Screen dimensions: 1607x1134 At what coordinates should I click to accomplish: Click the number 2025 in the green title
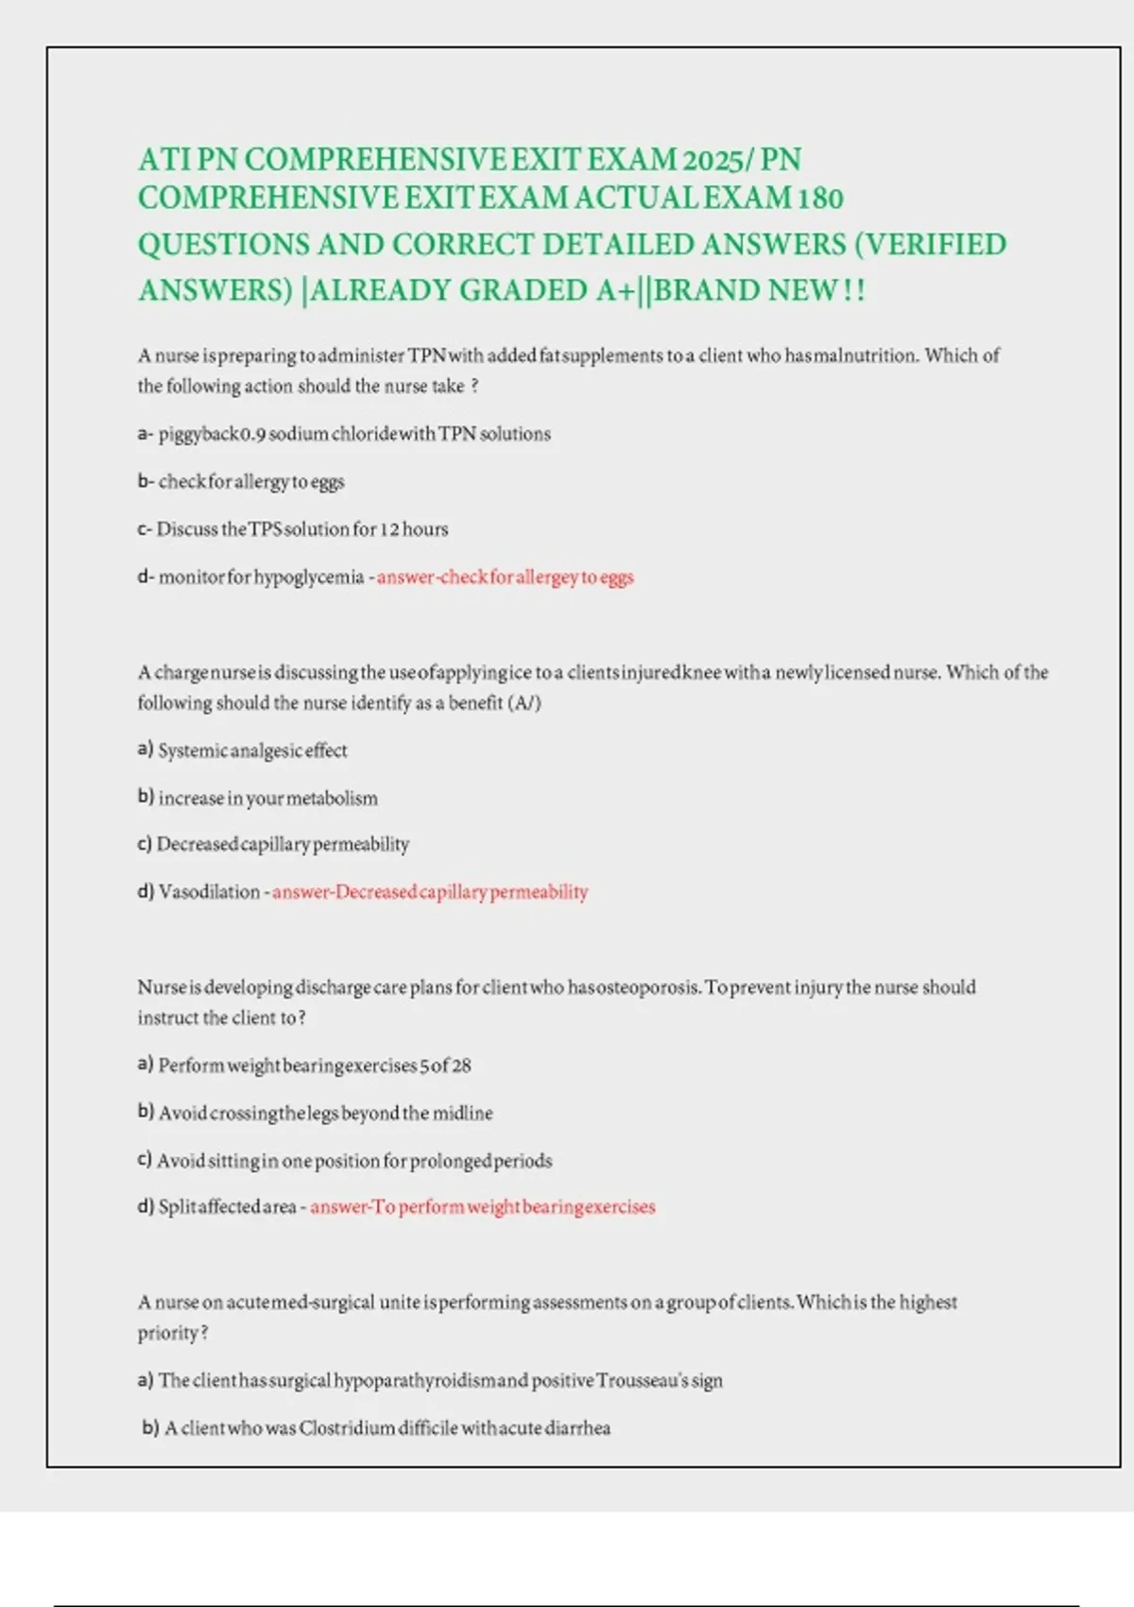pyautogui.click(x=713, y=160)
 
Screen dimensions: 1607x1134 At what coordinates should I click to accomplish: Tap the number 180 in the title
pyautogui.click(x=819, y=199)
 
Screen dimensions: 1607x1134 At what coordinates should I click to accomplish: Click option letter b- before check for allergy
pyautogui.click(x=146, y=481)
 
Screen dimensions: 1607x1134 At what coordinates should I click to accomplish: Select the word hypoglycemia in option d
pyautogui.click(x=308, y=577)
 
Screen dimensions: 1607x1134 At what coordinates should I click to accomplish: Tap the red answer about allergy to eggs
pyautogui.click(x=506, y=577)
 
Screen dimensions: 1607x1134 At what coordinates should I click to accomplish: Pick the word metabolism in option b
pyautogui.click(x=332, y=798)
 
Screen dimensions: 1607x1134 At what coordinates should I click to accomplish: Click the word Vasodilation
pyautogui.click(x=209, y=891)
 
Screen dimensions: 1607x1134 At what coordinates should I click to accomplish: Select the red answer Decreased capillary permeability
pyautogui.click(x=430, y=891)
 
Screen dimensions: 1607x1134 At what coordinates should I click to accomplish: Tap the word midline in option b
pyautogui.click(x=462, y=1113)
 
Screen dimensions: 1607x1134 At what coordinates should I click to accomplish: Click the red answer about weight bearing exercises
pyautogui.click(x=483, y=1206)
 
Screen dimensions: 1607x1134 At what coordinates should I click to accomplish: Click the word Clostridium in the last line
pyautogui.click(x=346, y=1427)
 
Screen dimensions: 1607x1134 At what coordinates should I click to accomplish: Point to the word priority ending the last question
pyautogui.click(x=169, y=1333)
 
